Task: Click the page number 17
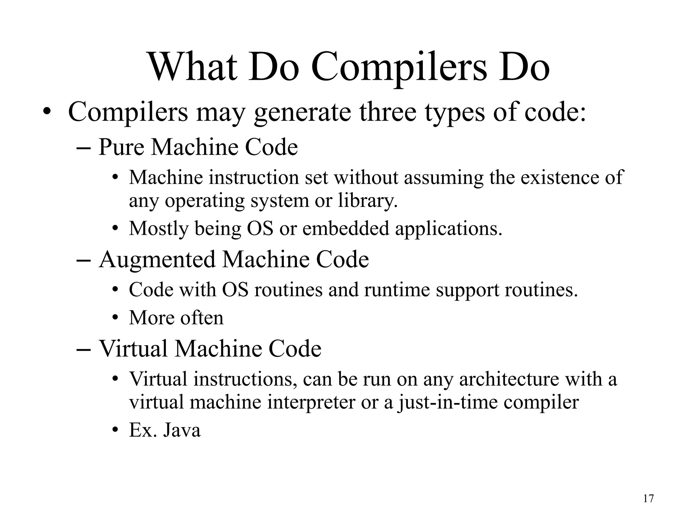[x=648, y=499]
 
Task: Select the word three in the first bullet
[x=388, y=112]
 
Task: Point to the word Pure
[x=121, y=147]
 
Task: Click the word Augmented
[x=157, y=260]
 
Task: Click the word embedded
[x=345, y=228]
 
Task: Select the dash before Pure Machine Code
[x=83, y=148]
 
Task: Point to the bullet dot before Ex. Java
[x=115, y=430]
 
